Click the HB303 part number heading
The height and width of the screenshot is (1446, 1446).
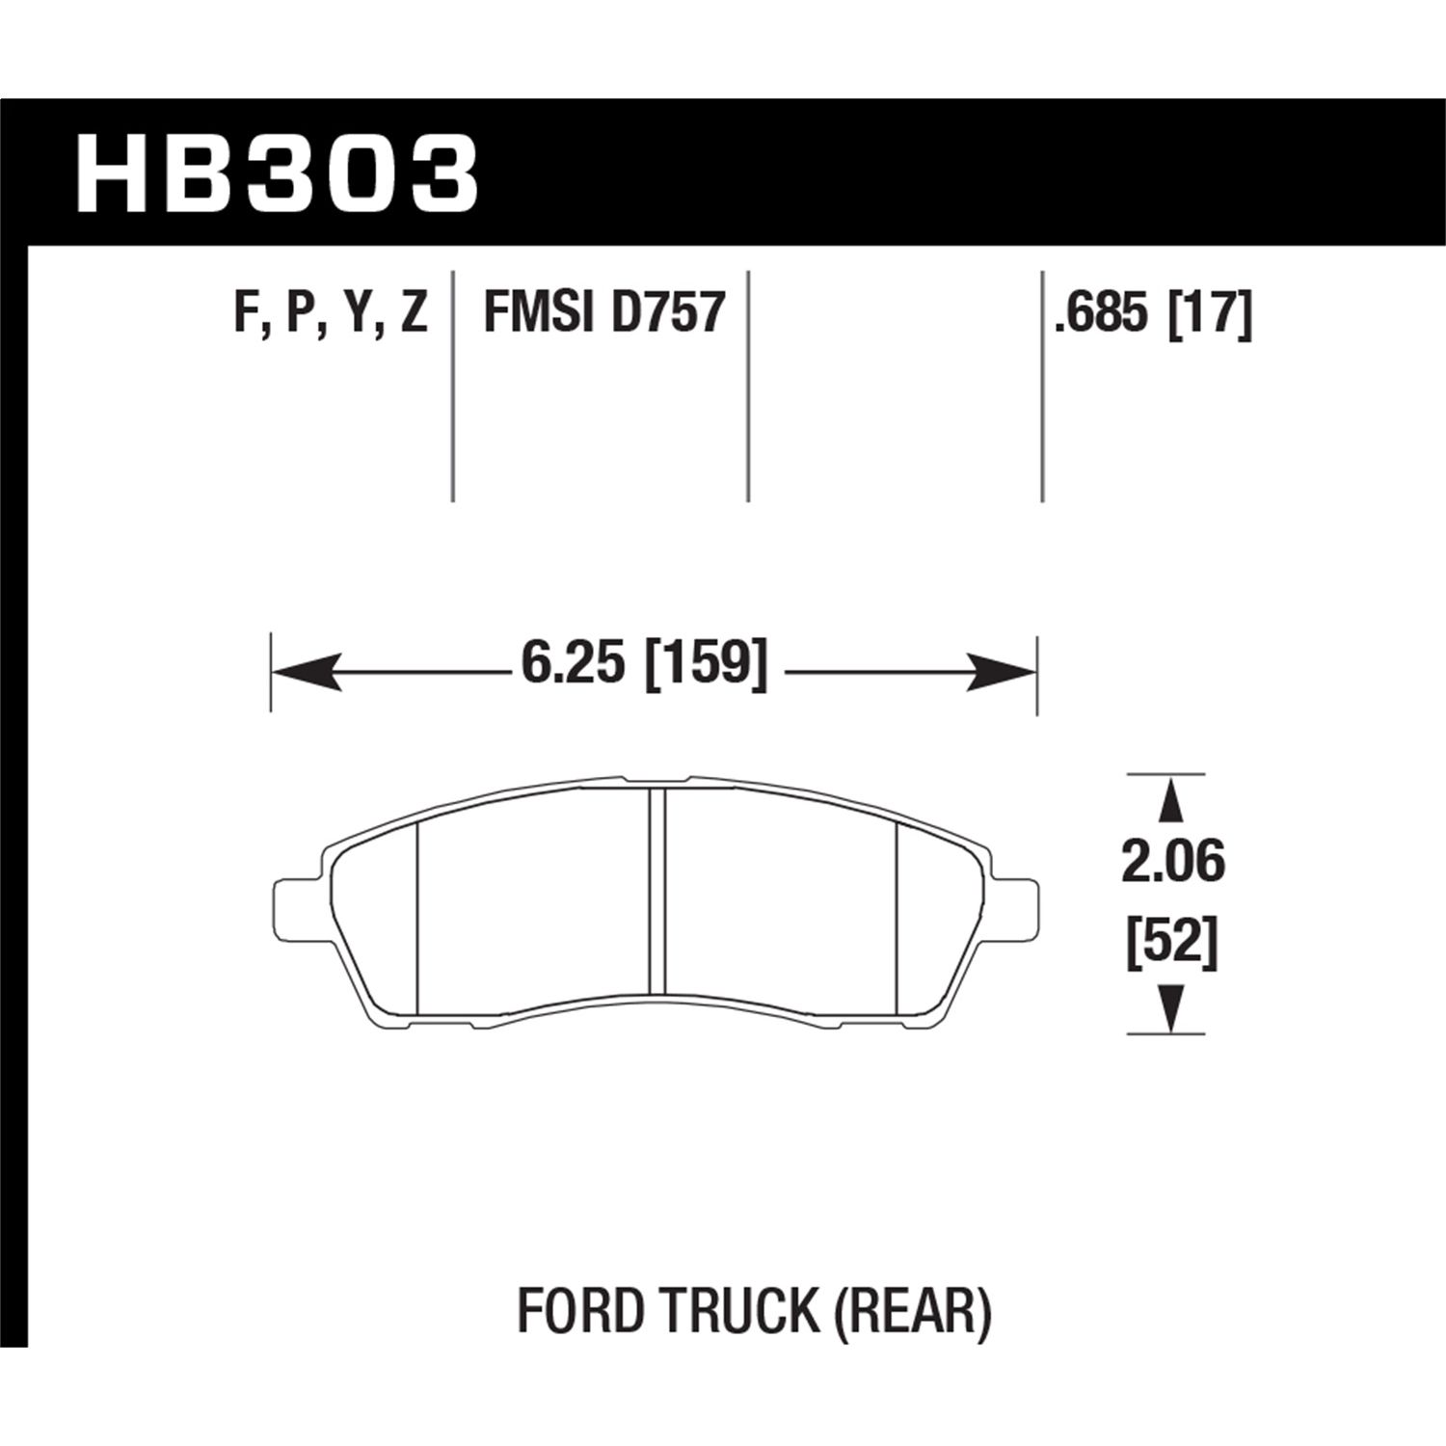(277, 174)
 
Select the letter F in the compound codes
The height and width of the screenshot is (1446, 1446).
(246, 314)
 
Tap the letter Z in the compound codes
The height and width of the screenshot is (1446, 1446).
(413, 314)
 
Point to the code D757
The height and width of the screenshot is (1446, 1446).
(667, 314)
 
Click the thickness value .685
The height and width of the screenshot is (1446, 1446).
(1105, 314)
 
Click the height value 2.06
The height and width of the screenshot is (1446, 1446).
(1172, 862)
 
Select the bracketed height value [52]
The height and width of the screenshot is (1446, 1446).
(1172, 943)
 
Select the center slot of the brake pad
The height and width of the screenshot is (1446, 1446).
(657, 892)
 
